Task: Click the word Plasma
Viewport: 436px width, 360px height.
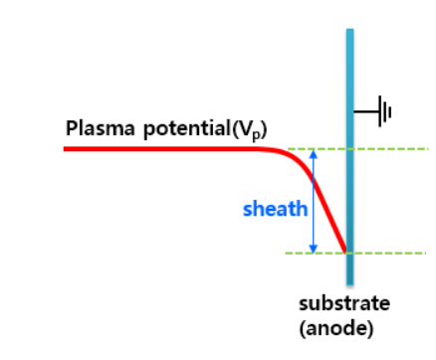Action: (95, 129)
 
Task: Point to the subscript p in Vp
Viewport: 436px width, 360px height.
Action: (258, 133)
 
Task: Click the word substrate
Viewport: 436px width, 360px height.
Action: (344, 303)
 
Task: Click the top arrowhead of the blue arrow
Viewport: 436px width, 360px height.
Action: (314, 153)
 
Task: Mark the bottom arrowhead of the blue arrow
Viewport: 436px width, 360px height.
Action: (314, 249)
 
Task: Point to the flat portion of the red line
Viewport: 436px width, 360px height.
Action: (159, 148)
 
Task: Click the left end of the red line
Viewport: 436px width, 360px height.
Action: (67, 148)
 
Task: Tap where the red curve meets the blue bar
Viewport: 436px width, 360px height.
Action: (345, 251)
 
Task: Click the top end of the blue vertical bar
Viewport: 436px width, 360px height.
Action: (349, 32)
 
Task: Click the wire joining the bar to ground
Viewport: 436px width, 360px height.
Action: (364, 111)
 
